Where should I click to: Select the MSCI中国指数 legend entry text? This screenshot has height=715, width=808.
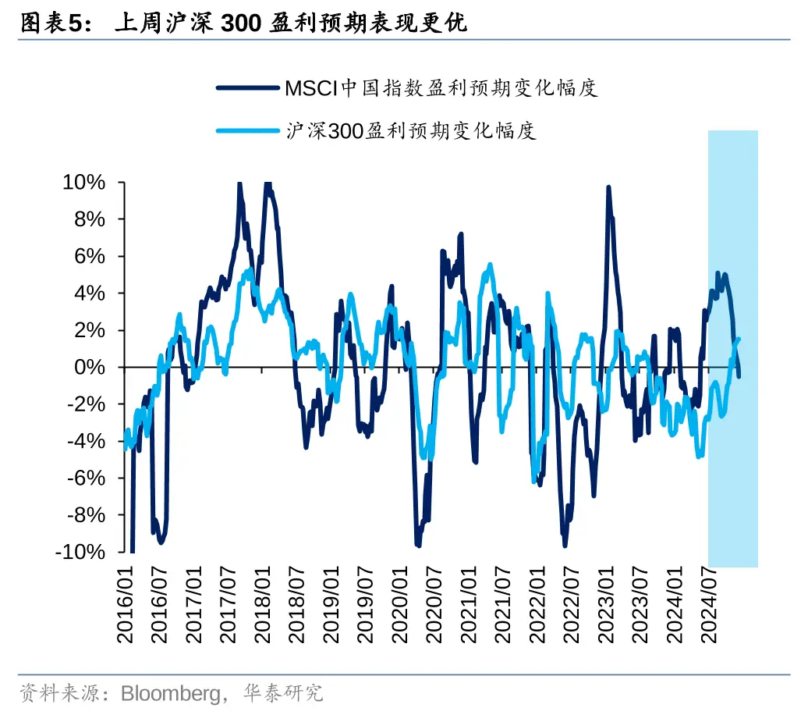(441, 87)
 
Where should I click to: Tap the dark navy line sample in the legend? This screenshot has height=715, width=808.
(249, 87)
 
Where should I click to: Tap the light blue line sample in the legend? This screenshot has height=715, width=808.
(249, 130)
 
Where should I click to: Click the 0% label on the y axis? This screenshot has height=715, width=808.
(91, 368)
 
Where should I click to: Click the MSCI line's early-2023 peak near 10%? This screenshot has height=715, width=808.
(608, 188)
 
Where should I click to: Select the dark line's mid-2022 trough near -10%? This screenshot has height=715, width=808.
(564, 543)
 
